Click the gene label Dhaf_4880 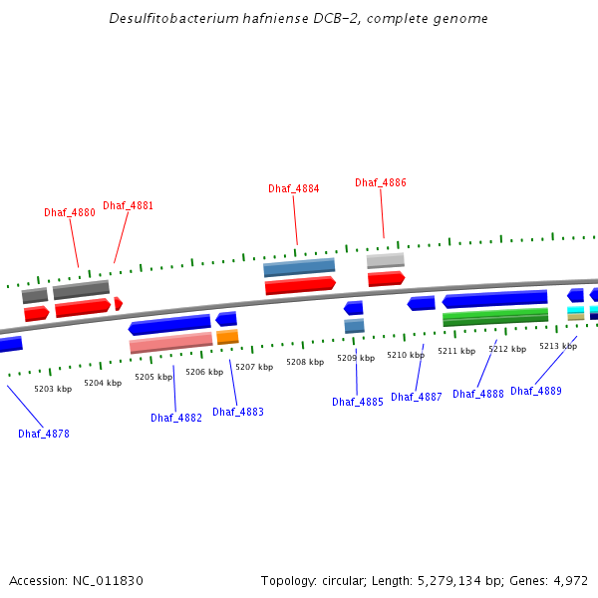pos(70,212)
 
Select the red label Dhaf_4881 pos(128,205)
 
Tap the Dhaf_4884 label pos(293,188)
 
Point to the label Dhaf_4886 pos(381,182)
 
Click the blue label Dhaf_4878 pos(44,434)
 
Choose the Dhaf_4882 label pos(176,418)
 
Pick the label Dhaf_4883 pos(238,412)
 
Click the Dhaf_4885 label pos(358,402)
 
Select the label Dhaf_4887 pos(417,397)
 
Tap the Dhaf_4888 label pos(478,394)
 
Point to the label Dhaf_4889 pos(536,391)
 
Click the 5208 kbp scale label pos(305,362)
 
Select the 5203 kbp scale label pos(53,389)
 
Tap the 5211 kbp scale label pos(456,351)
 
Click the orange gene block pos(227,337)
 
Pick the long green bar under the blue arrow pos(495,317)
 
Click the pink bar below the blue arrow pos(170,343)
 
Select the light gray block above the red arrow pos(385,260)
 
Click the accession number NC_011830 pos(112,580)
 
